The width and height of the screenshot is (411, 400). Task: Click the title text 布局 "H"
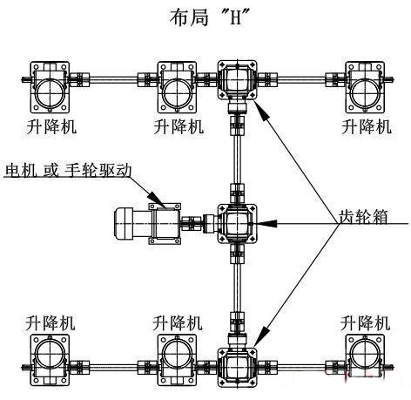tap(205, 17)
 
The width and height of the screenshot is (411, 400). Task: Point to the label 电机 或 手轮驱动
tap(68, 169)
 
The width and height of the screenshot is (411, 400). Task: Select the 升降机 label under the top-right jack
tap(366, 126)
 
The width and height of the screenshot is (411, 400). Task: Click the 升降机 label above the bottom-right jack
tap(366, 320)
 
